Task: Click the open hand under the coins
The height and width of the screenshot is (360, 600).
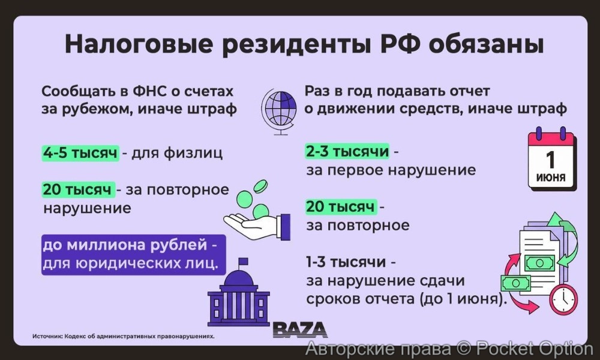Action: click(255, 224)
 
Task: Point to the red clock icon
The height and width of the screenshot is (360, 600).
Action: click(563, 299)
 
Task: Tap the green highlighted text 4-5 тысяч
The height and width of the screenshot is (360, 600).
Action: click(80, 152)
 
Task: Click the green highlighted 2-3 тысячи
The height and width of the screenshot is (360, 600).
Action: click(347, 151)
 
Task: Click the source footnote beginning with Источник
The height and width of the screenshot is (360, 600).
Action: click(123, 337)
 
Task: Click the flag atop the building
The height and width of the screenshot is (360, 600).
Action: click(242, 262)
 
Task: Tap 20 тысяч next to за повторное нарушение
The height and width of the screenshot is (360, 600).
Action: click(77, 190)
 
